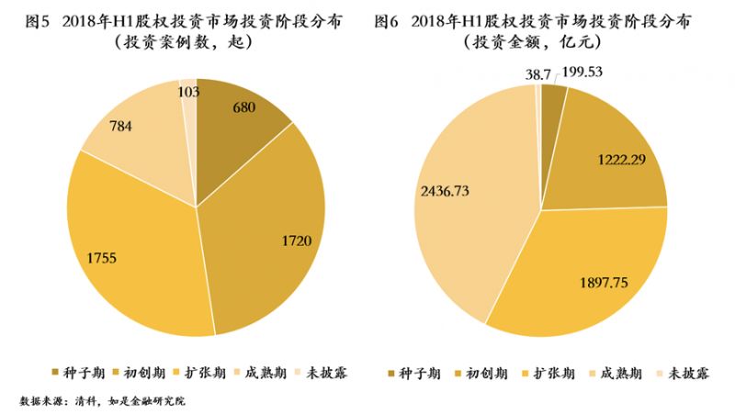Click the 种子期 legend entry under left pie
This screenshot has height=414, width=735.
click(80, 372)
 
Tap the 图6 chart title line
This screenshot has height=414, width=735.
click(551, 20)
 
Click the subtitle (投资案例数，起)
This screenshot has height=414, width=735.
click(183, 43)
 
